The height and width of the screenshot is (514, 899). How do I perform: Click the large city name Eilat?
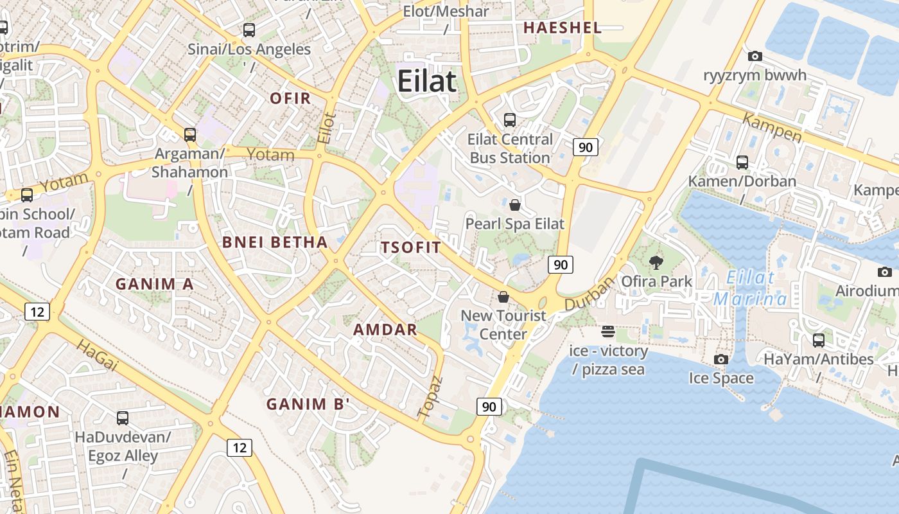(427, 82)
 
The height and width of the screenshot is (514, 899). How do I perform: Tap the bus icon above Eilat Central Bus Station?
(510, 120)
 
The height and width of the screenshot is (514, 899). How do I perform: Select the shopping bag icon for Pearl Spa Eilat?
(514, 205)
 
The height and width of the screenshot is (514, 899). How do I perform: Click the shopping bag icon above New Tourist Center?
(503, 297)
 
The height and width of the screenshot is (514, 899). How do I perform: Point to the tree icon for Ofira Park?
(656, 262)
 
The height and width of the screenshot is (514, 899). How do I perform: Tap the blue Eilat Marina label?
(751, 288)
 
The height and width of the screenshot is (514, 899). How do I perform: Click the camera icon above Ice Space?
(721, 359)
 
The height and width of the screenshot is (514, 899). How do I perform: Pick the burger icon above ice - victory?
(608, 332)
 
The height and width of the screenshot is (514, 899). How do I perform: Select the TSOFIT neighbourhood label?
(411, 247)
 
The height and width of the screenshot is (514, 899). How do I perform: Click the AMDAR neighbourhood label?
(385, 330)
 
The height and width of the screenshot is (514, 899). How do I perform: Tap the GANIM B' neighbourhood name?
(308, 404)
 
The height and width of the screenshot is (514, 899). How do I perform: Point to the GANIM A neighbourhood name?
(154, 284)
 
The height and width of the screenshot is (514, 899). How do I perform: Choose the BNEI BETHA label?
(275, 242)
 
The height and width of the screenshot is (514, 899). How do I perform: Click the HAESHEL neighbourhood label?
(563, 28)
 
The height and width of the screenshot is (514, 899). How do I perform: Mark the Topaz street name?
(430, 397)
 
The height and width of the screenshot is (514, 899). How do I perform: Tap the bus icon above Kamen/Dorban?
(742, 162)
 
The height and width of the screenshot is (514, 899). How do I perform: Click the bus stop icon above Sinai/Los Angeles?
(249, 30)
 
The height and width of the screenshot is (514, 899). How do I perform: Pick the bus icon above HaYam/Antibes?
(819, 340)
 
